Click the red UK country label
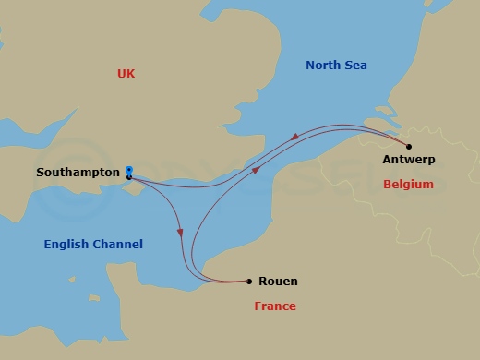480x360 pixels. tap(126, 72)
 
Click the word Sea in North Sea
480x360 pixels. tap(356, 66)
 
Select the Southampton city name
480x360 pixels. tap(78, 173)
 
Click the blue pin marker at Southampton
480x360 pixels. tap(129, 170)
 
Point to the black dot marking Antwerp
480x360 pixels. tap(409, 146)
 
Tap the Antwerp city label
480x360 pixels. tap(408, 160)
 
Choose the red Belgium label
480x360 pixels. tap(408, 185)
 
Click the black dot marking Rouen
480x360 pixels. tap(249, 281)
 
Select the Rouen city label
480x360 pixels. tap(279, 282)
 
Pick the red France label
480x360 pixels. tap(275, 306)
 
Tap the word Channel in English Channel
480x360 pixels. tap(120, 245)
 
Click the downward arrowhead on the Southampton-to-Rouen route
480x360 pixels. tap(181, 233)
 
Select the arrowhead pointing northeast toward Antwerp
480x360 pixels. tap(258, 169)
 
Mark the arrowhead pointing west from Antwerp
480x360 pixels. tap(294, 138)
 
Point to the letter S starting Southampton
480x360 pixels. tap(40, 173)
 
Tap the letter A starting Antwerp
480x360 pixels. tap(385, 160)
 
